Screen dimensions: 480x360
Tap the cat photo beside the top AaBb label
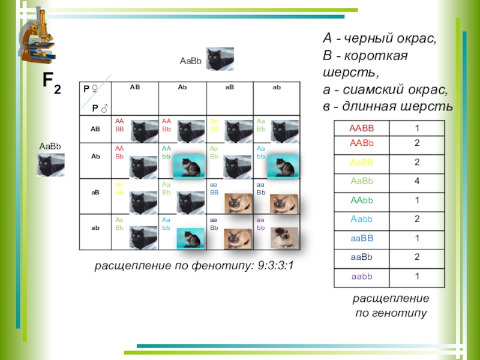[x=220, y=59]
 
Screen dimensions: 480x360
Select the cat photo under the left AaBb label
[x=50, y=164]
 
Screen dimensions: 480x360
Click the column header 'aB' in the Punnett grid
[x=230, y=88]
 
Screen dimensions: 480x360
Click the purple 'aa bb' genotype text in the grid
[x=260, y=225]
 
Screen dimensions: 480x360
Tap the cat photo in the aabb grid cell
[x=284, y=238]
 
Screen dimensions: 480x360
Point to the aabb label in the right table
[x=361, y=276]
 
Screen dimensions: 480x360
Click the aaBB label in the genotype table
[x=362, y=239]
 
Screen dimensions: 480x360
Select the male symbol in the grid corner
[x=104, y=109]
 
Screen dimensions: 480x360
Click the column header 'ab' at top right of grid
[x=277, y=88]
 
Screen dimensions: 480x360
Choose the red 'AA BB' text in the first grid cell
[x=119, y=125]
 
